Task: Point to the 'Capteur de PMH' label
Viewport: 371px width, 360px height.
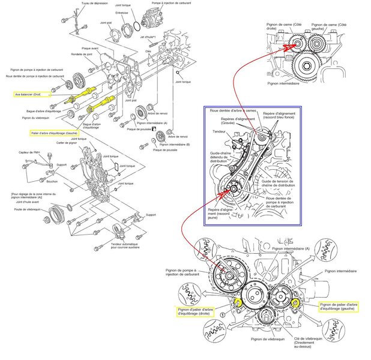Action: (29, 152)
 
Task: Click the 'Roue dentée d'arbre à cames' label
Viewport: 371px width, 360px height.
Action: (234, 111)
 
